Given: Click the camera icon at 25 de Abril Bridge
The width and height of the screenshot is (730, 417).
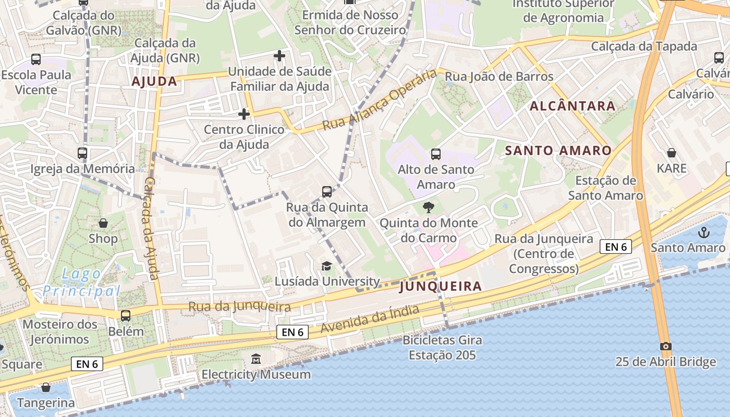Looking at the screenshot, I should tap(665, 346).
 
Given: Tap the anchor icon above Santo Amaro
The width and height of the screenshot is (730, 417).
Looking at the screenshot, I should tap(704, 232).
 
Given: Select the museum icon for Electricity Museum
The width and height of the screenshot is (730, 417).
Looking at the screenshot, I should tap(256, 359).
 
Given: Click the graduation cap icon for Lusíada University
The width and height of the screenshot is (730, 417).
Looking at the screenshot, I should tap(326, 266).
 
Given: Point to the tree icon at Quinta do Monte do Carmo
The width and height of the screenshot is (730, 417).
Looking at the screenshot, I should tap(428, 207).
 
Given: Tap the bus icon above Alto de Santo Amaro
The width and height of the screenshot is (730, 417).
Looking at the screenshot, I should tap(435, 154).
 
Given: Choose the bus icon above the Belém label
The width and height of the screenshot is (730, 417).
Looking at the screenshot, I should tap(126, 316).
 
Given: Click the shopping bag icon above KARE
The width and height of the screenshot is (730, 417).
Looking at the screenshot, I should tap(672, 153).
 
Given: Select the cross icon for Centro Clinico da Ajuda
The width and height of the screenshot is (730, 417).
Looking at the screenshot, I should tap(244, 114).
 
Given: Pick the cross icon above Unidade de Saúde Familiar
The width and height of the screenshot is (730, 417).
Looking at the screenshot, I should tap(279, 55).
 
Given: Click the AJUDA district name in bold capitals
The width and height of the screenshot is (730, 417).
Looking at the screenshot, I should tap(154, 81).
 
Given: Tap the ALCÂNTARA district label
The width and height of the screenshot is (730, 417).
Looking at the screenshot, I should tap(573, 106).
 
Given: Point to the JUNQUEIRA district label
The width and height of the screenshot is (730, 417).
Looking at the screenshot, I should tap(441, 286).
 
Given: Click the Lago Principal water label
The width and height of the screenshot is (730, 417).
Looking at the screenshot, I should tap(81, 282).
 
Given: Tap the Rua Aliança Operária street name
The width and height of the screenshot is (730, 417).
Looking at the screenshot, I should tap(379, 100).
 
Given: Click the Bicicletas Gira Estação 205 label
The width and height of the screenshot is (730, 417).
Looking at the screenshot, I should tap(442, 348).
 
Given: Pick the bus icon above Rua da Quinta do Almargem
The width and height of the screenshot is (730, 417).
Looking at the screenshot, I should tap(327, 192).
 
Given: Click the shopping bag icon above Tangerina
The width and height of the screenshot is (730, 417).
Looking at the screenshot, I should tap(46, 387).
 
